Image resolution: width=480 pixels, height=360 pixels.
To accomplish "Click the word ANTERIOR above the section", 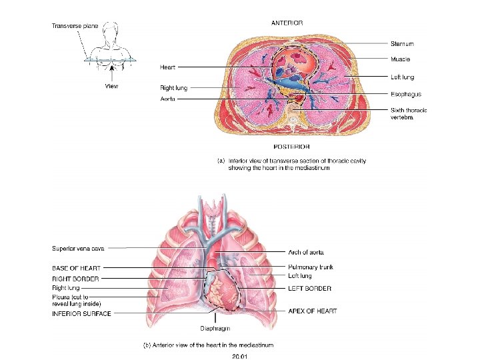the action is [287, 23].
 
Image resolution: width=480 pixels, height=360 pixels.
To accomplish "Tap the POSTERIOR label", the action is [291, 147].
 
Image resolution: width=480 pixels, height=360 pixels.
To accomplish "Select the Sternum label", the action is [402, 43].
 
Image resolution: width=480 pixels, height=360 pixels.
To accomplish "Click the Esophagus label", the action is [406, 94].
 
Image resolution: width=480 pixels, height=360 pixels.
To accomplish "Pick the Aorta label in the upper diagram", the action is [168, 99].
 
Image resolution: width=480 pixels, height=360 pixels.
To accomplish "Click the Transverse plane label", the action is [75, 26].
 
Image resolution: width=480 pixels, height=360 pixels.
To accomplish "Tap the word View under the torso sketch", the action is [112, 85].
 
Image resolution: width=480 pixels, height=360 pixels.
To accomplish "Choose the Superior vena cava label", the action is [78, 249].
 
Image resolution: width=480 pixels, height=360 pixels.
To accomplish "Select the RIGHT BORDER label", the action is [75, 279].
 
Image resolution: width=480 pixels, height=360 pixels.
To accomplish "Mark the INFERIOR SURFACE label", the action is [82, 313].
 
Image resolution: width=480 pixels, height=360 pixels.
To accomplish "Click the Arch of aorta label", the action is [306, 253].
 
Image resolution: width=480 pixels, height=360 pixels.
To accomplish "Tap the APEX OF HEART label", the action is [313, 311].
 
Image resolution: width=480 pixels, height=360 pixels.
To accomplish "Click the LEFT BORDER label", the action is [309, 289].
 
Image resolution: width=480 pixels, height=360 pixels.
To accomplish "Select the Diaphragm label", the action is [215, 328].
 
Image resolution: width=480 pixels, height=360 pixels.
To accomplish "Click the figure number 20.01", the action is [240, 356].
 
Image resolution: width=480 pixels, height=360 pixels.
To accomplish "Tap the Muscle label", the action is [400, 59].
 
